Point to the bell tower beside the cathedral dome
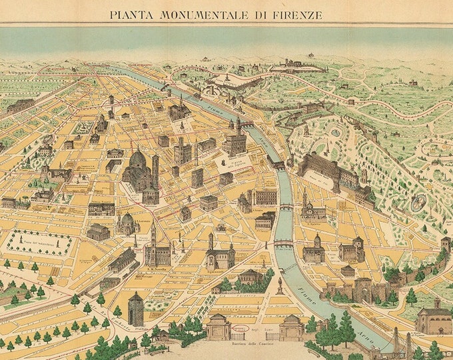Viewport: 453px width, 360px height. click(155, 170)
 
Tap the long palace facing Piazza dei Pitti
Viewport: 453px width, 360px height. click(330, 170)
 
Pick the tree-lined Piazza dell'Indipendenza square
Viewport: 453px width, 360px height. click(40, 243)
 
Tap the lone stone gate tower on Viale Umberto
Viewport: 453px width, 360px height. click(136, 309)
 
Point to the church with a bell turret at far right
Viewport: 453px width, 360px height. click(434, 317)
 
